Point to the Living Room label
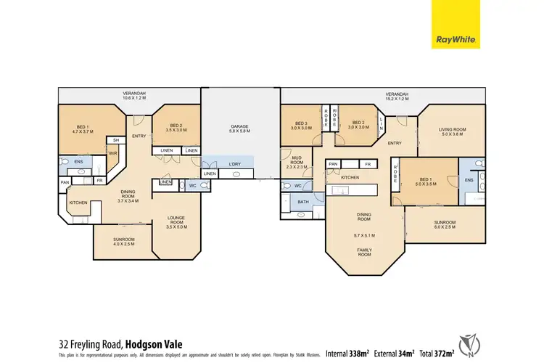click(x=451, y=132)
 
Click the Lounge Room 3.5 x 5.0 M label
click(x=176, y=221)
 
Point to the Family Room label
click(x=363, y=251)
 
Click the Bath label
click(x=303, y=201)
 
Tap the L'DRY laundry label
click(x=234, y=163)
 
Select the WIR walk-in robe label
click(x=113, y=153)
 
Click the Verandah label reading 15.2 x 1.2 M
click(x=396, y=97)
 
